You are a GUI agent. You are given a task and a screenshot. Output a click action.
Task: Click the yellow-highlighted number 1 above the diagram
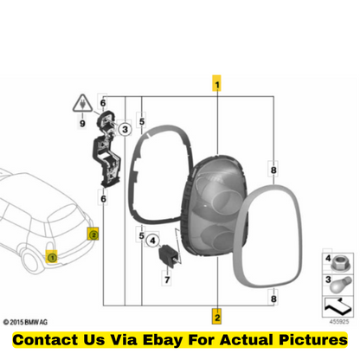(216, 83)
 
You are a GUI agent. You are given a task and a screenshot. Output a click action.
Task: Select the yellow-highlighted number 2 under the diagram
(216, 317)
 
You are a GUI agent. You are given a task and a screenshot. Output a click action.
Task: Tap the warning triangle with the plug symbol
(83, 103)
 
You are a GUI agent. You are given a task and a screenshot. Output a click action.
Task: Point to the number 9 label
(82, 124)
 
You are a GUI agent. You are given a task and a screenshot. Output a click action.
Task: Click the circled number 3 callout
(125, 129)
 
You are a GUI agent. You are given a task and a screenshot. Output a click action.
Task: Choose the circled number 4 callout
(152, 241)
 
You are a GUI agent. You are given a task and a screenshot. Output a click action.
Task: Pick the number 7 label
(167, 280)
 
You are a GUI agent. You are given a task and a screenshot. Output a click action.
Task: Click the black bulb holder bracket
(106, 149)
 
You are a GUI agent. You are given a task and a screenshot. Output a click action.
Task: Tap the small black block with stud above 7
(168, 255)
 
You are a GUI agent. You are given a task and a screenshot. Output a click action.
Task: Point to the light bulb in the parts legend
(341, 285)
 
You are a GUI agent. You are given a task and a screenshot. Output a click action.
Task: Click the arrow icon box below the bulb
(337, 307)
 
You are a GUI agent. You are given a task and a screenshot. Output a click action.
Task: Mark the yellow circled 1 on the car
(52, 257)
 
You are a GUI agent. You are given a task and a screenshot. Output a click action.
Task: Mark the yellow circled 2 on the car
(93, 235)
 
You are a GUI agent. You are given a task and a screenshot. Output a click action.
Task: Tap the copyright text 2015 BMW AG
(25, 322)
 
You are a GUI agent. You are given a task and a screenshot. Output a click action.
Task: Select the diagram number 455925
(339, 321)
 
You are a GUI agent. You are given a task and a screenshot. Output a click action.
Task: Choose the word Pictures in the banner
(313, 339)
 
